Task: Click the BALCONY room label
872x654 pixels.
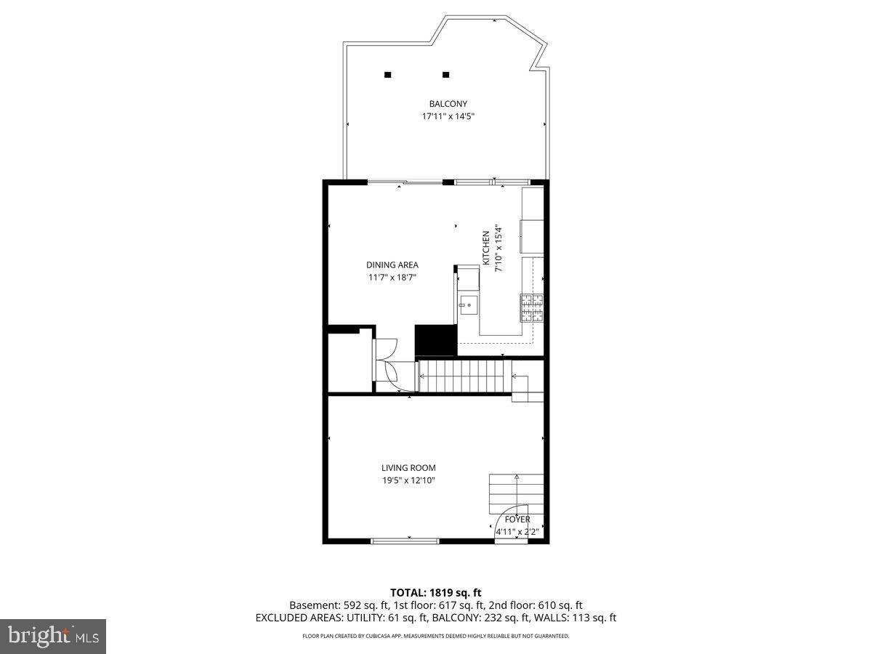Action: coord(448,104)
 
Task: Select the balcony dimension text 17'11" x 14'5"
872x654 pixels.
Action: coord(448,116)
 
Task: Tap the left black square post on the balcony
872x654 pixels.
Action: coord(387,74)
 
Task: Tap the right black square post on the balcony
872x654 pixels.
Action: coord(446,74)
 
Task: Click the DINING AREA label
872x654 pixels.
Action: coord(392,265)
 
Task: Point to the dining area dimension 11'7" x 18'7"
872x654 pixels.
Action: coord(392,278)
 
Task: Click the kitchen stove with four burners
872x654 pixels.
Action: coord(531,307)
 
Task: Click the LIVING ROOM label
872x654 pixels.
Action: coord(408,468)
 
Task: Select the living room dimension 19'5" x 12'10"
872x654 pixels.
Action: coord(408,480)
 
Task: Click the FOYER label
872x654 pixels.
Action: coord(517,520)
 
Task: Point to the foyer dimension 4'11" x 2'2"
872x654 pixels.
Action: coord(517,531)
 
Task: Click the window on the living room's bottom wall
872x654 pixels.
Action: coord(405,540)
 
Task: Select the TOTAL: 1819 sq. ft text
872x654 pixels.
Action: coord(436,593)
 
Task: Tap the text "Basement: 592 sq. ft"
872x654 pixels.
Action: coord(331,605)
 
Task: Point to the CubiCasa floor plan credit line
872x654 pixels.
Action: coord(436,636)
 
